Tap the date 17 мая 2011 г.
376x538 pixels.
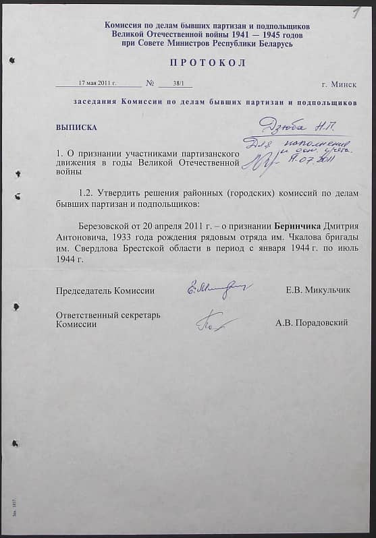(98, 83)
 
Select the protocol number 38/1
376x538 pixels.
(174, 83)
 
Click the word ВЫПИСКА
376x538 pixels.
(76, 127)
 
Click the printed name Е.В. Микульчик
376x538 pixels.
(318, 290)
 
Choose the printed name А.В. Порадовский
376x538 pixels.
(311, 323)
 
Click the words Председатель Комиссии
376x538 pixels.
(105, 291)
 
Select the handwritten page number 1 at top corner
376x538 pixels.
(356, 13)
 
